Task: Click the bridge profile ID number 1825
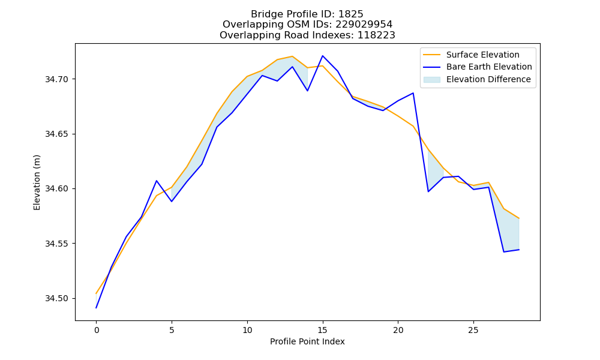pos(350,14)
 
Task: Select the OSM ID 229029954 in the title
pos(364,25)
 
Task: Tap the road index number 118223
pos(376,35)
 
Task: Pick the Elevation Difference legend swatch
pos(431,80)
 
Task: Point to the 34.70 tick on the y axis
pos(56,80)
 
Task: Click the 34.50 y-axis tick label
pos(56,298)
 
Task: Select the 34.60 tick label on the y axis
pos(56,189)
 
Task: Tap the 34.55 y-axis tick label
pos(56,244)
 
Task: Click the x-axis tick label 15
pos(323,330)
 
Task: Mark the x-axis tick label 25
pos(473,330)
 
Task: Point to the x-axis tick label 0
pos(97,330)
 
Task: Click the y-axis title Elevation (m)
pos(37,182)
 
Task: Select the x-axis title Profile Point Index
pos(307,341)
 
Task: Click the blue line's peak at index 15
pos(323,56)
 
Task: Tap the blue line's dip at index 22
pos(428,191)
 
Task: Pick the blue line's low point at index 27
pos(503,252)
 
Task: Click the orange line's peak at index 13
pos(292,56)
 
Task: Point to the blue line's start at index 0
pos(97,308)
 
